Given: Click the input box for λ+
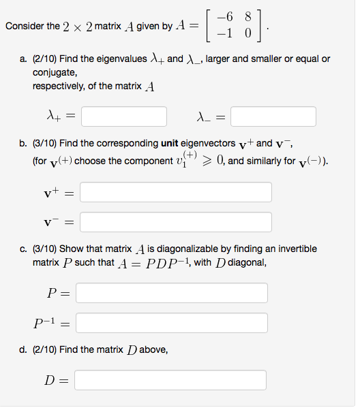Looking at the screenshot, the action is pyautogui.click(x=123, y=116).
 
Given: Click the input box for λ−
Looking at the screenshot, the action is pyautogui.click(x=273, y=116).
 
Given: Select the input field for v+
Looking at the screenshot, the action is pyautogui.click(x=176, y=192).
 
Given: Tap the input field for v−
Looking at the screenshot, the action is pyautogui.click(x=176, y=222).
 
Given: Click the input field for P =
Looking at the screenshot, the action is pyautogui.click(x=172, y=293).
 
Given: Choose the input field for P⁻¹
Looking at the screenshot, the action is pyautogui.click(x=172, y=322).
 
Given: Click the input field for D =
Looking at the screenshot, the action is pyautogui.click(x=170, y=380).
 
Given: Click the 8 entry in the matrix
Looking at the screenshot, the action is pyautogui.click(x=247, y=19).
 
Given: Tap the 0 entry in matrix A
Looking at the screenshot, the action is pyautogui.click(x=247, y=33).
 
